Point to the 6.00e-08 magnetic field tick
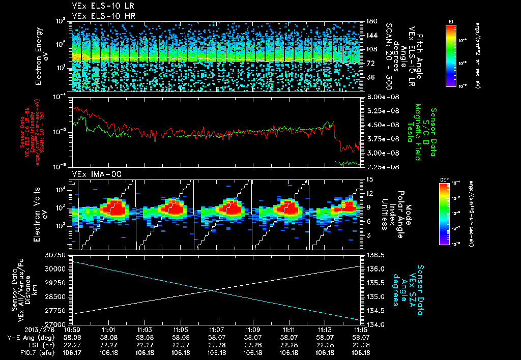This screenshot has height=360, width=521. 382,97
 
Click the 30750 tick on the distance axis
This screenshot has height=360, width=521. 57,254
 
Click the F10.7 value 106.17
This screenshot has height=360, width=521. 72,352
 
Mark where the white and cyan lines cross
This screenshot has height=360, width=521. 211,291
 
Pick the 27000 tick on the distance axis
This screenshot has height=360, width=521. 57,324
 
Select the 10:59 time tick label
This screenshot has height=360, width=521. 72,330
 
